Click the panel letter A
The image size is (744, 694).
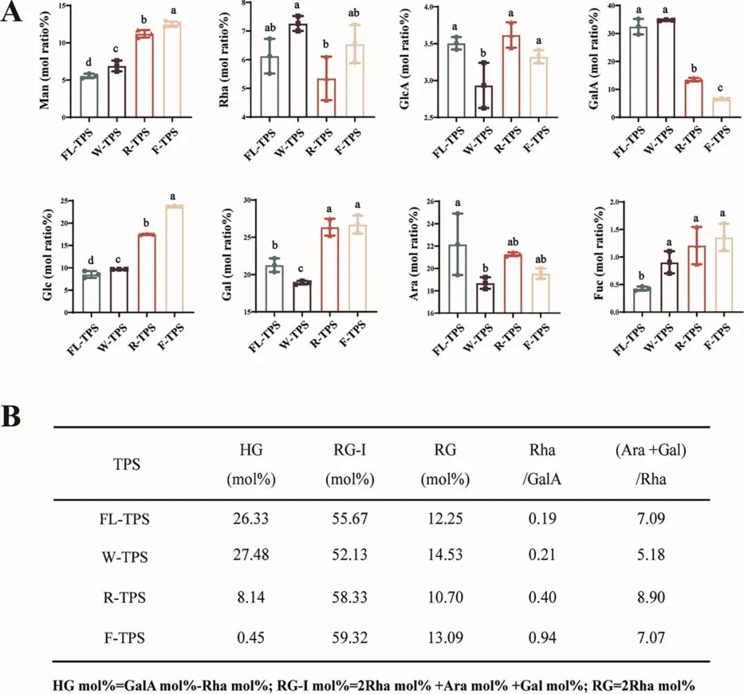pos(15,13)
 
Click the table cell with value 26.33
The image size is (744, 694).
pos(247,520)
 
